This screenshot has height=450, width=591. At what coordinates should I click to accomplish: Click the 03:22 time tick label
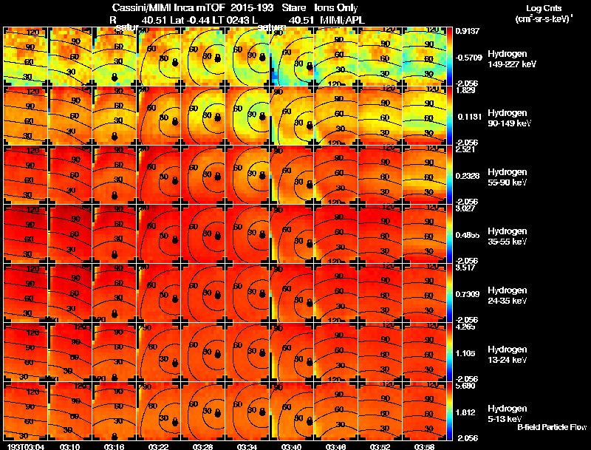point(159,446)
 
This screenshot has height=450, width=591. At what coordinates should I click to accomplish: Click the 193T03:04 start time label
point(24,446)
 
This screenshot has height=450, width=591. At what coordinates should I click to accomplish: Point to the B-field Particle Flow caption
point(552,427)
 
